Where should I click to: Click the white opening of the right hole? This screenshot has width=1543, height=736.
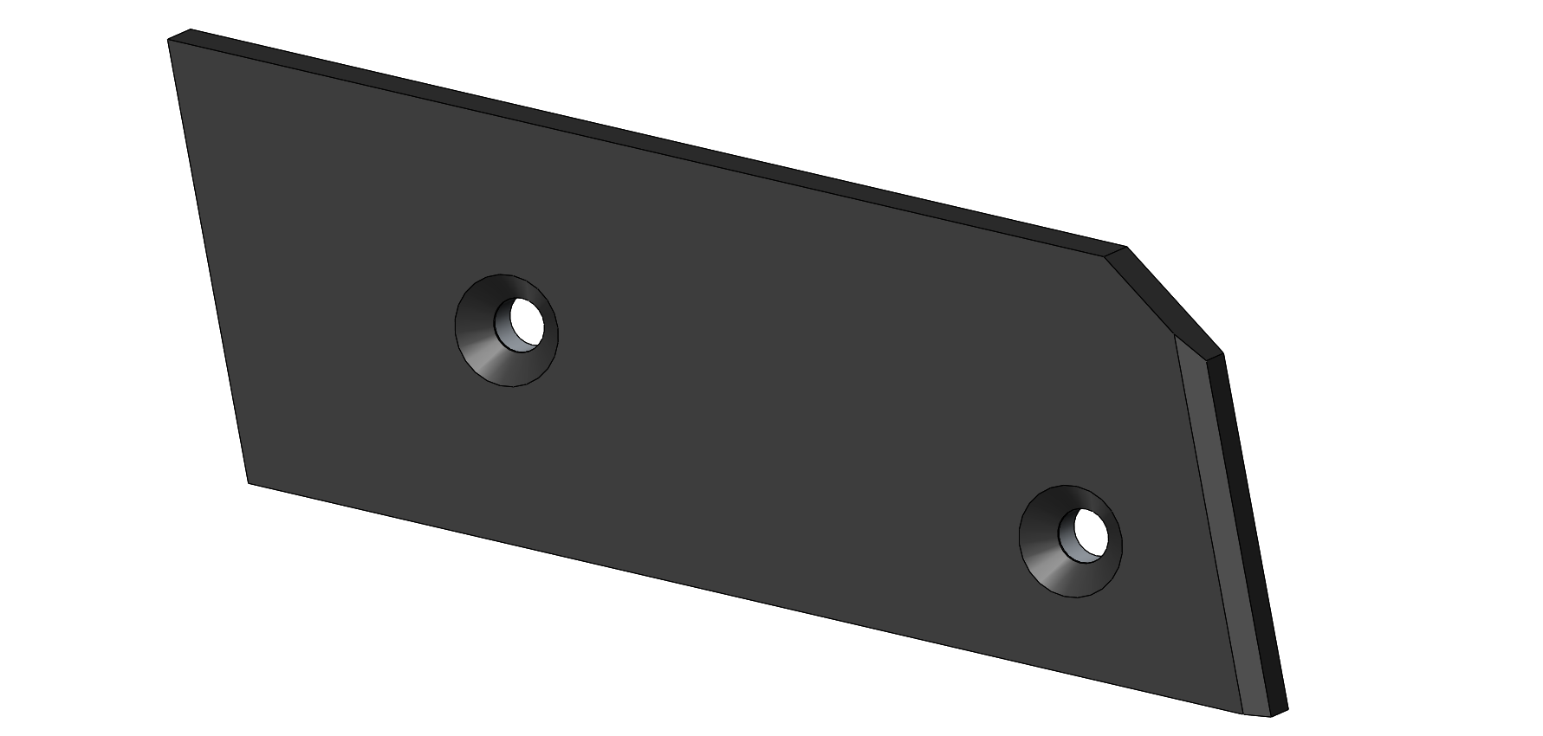pos(1091,531)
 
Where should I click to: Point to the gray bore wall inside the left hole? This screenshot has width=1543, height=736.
pos(503,334)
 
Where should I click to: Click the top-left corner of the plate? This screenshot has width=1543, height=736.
pos(169,40)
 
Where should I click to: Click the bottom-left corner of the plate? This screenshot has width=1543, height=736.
pos(249,482)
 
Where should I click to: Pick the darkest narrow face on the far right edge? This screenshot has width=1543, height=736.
pos(1254,537)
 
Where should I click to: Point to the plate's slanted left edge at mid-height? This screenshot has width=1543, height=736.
pos(208,260)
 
